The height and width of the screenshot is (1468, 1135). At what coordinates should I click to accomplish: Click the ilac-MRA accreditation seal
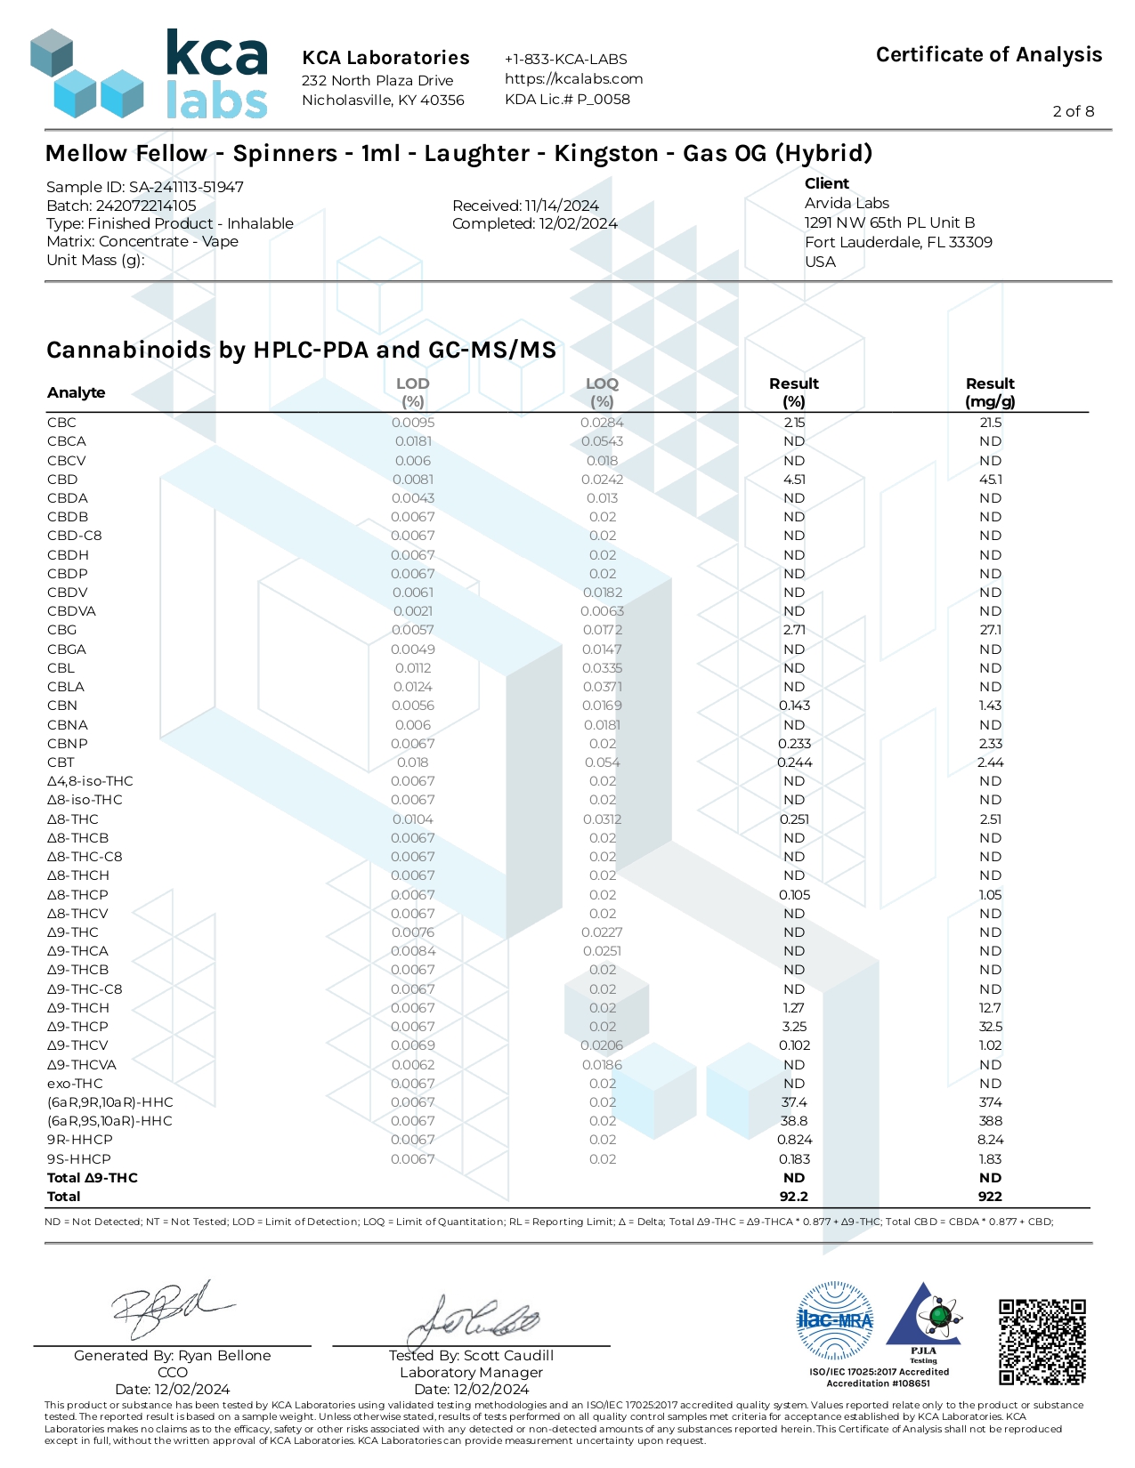click(x=835, y=1320)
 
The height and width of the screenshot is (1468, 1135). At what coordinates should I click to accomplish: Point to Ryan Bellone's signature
click(x=173, y=1310)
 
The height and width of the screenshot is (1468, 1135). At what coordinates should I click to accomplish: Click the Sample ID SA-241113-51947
click(x=145, y=187)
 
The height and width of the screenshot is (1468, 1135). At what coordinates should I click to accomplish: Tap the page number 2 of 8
click(x=1073, y=111)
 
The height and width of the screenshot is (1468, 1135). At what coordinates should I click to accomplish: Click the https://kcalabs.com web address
click(x=573, y=79)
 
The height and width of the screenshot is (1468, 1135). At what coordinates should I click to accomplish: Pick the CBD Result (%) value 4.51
click(x=794, y=480)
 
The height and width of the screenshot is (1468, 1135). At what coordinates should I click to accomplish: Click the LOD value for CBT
click(x=412, y=762)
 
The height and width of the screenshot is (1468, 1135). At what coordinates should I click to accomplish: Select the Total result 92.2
click(x=794, y=1197)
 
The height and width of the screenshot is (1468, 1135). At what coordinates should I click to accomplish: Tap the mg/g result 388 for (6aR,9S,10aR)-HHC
click(x=990, y=1121)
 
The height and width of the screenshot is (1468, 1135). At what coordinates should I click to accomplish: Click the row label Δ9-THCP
click(x=77, y=1026)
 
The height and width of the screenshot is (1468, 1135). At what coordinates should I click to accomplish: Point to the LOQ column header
click(x=602, y=392)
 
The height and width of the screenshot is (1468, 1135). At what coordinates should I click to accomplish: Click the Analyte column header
click(x=76, y=392)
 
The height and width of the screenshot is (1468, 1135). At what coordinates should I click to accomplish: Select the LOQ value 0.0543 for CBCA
click(x=602, y=441)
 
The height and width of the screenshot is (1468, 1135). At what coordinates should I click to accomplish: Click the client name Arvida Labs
click(x=847, y=204)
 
